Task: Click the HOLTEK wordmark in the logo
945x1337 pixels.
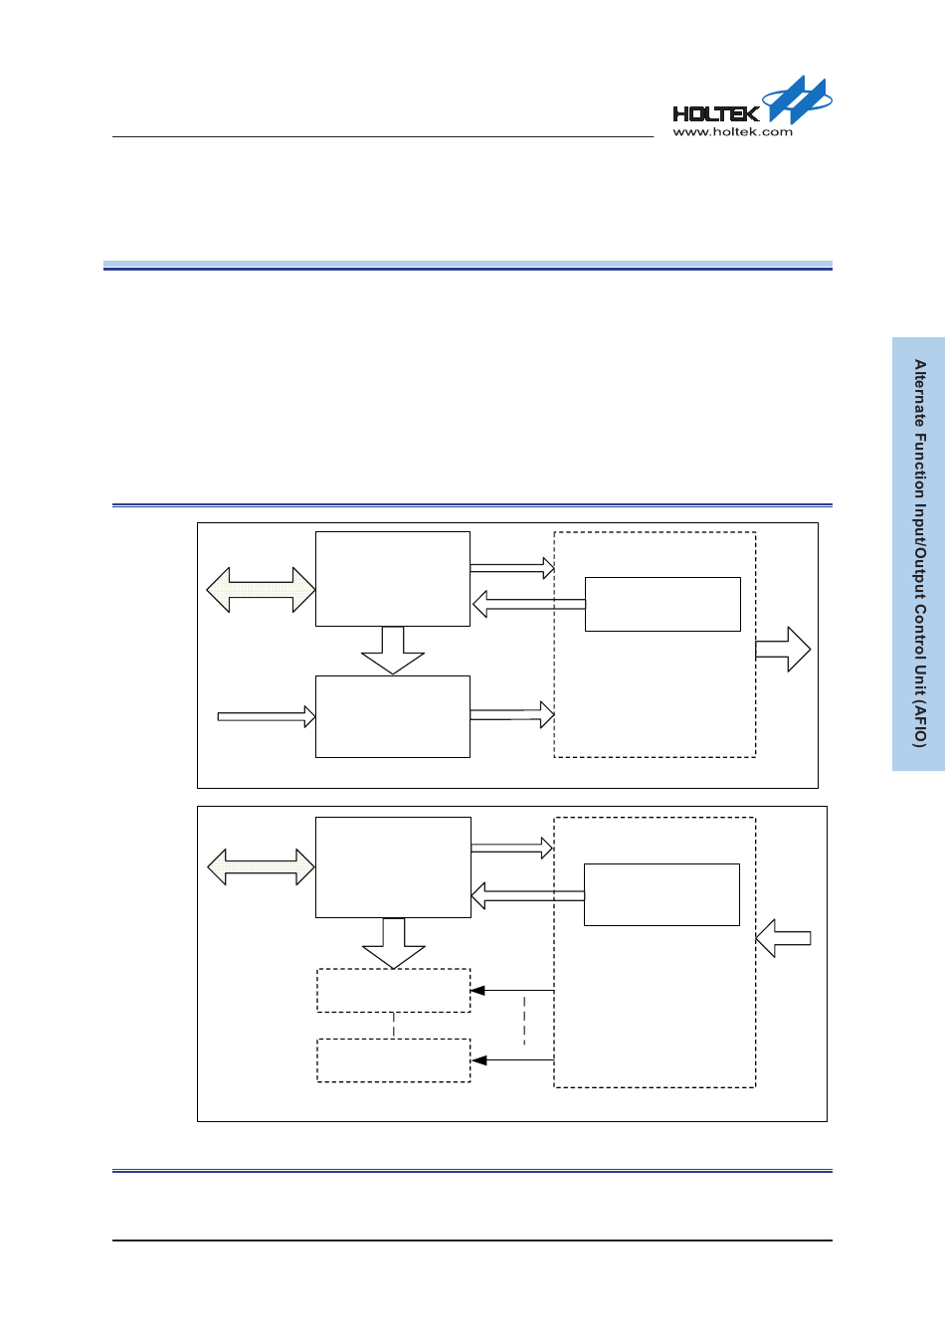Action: [715, 113]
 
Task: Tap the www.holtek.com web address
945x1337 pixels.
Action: [733, 131]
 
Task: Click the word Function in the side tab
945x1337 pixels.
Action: [920, 466]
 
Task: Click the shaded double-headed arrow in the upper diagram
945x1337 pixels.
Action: [261, 590]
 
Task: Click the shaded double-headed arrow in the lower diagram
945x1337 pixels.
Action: [261, 867]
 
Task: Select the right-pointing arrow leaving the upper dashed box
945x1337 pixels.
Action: [783, 650]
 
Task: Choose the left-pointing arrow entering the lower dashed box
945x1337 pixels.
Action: [784, 938]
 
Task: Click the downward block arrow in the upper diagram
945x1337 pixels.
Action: [393, 651]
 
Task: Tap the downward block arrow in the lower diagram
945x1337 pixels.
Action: [394, 943]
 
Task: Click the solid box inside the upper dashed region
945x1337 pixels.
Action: [662, 604]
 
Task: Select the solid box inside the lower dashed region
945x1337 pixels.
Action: [661, 894]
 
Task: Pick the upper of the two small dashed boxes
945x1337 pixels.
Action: [393, 991]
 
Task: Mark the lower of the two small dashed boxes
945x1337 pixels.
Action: [393, 1060]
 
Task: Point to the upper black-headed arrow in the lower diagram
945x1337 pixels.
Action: [511, 991]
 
